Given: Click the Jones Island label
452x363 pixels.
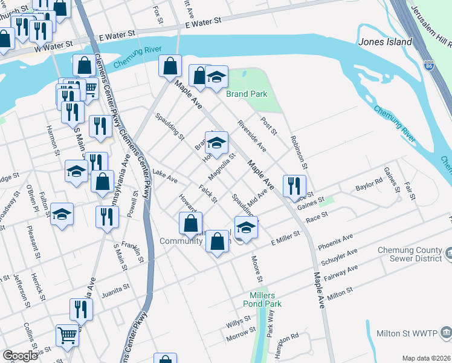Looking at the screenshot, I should pyautogui.click(x=385, y=42).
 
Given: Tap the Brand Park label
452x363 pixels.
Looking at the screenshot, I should pyautogui.click(x=247, y=94).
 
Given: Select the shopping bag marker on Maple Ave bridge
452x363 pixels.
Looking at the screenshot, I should pyautogui.click(x=170, y=65).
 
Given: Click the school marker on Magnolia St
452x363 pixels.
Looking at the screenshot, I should pyautogui.click(x=216, y=143).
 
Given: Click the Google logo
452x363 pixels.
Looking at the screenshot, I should pyautogui.click(x=20, y=356).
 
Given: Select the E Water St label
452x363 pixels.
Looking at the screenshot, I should pyautogui.click(x=203, y=22).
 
